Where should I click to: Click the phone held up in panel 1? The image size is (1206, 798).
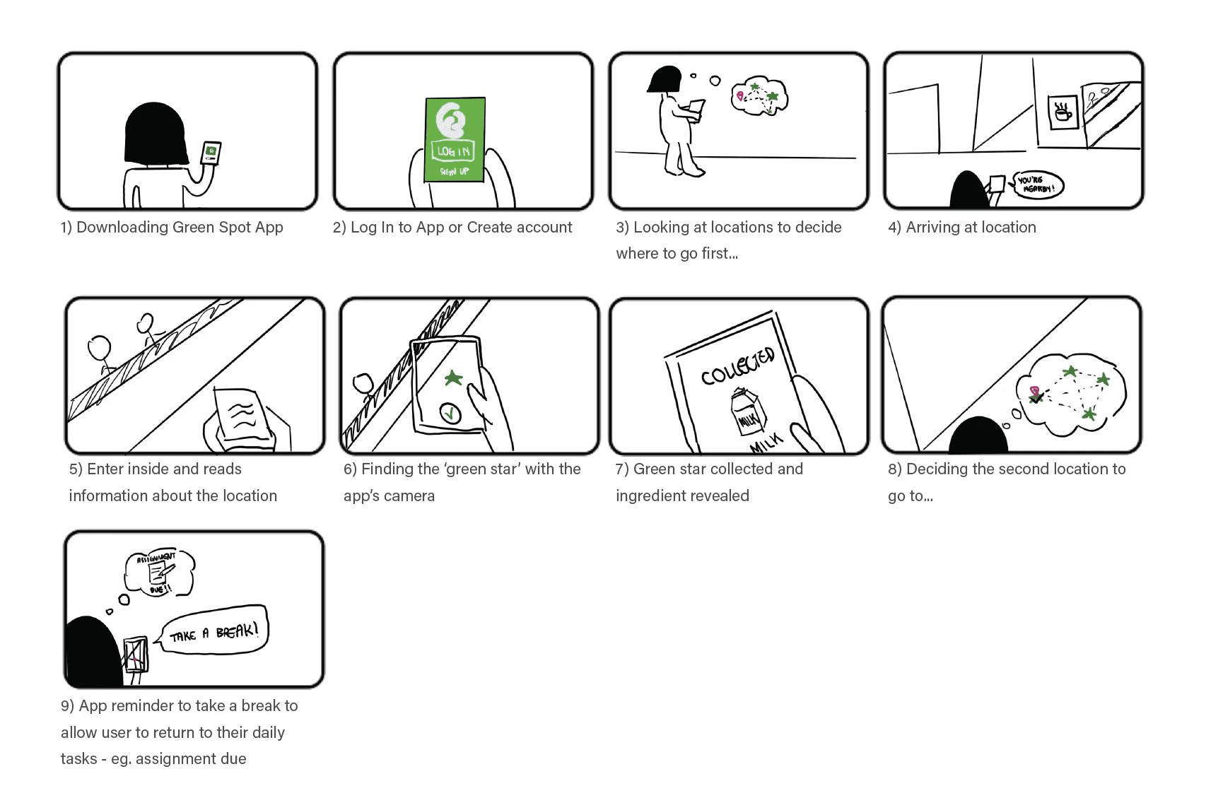click(x=211, y=153)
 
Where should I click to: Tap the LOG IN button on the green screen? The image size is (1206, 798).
click(x=453, y=151)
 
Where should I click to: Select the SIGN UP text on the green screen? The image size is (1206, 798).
click(x=455, y=171)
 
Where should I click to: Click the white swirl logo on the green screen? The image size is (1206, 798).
click(x=450, y=119)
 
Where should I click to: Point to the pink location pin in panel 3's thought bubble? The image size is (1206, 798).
click(x=740, y=96)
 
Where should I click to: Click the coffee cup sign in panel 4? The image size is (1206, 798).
click(x=1062, y=112)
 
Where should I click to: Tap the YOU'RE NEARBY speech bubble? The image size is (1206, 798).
click(x=1037, y=185)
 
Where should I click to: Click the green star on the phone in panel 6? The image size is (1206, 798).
click(x=453, y=377)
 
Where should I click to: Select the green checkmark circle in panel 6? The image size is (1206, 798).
click(x=450, y=413)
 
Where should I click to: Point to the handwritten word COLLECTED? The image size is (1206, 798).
click(x=738, y=365)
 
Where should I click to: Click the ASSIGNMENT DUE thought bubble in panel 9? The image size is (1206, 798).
click(x=159, y=573)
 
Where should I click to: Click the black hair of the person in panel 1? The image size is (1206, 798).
click(x=155, y=134)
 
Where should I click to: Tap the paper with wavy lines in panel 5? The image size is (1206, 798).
click(x=242, y=415)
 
